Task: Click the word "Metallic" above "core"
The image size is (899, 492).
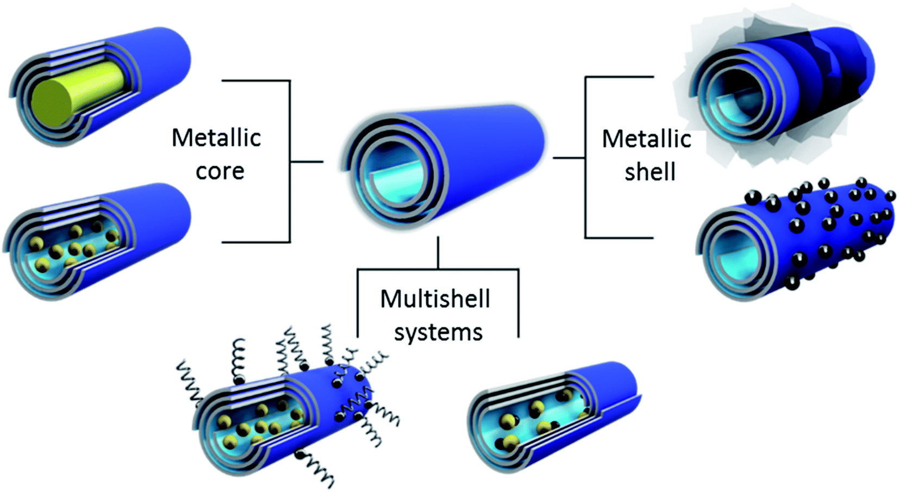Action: click(x=216, y=138)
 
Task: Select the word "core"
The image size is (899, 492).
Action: click(x=220, y=171)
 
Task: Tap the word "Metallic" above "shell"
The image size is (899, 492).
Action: click(x=646, y=139)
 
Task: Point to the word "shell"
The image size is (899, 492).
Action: click(x=650, y=172)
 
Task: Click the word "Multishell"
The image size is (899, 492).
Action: click(x=435, y=299)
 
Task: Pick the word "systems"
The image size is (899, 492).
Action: click(x=438, y=333)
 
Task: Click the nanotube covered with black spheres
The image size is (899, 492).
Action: click(x=815, y=234)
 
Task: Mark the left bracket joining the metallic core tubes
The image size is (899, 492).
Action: click(x=289, y=161)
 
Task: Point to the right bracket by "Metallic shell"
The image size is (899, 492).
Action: click(x=585, y=158)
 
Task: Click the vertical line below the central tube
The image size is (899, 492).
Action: click(x=438, y=253)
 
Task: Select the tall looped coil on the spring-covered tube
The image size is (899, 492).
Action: click(x=238, y=359)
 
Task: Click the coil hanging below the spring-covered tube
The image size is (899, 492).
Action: click(x=315, y=468)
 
